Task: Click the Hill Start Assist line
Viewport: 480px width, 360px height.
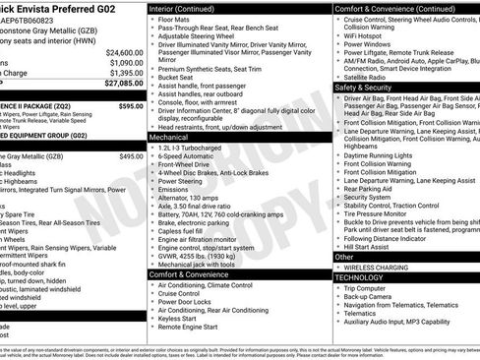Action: (x=373, y=247)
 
